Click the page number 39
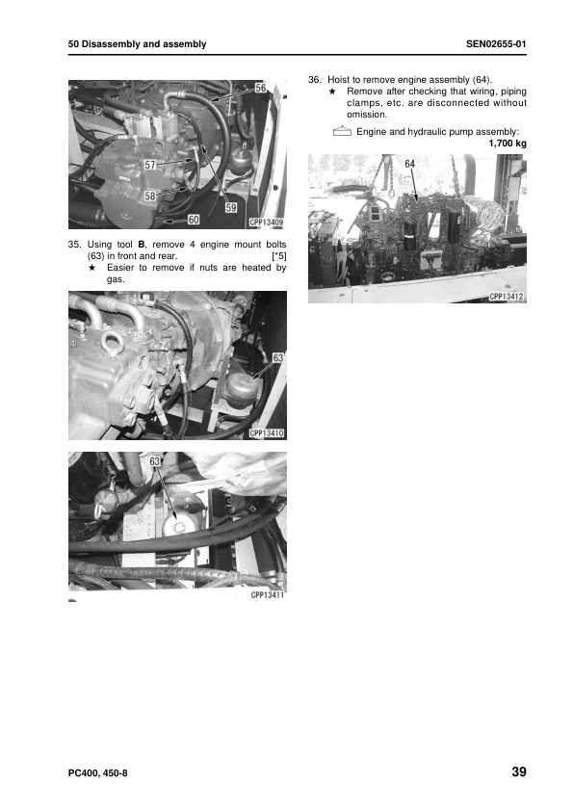click(x=517, y=772)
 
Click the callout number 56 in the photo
click(x=261, y=88)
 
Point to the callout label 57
click(x=150, y=165)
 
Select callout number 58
click(x=150, y=196)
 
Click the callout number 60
click(x=193, y=220)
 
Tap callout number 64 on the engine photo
click(x=409, y=165)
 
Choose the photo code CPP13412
click(x=505, y=297)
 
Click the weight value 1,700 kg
click(x=507, y=144)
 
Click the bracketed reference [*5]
click(x=278, y=257)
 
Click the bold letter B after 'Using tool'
click(x=141, y=246)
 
